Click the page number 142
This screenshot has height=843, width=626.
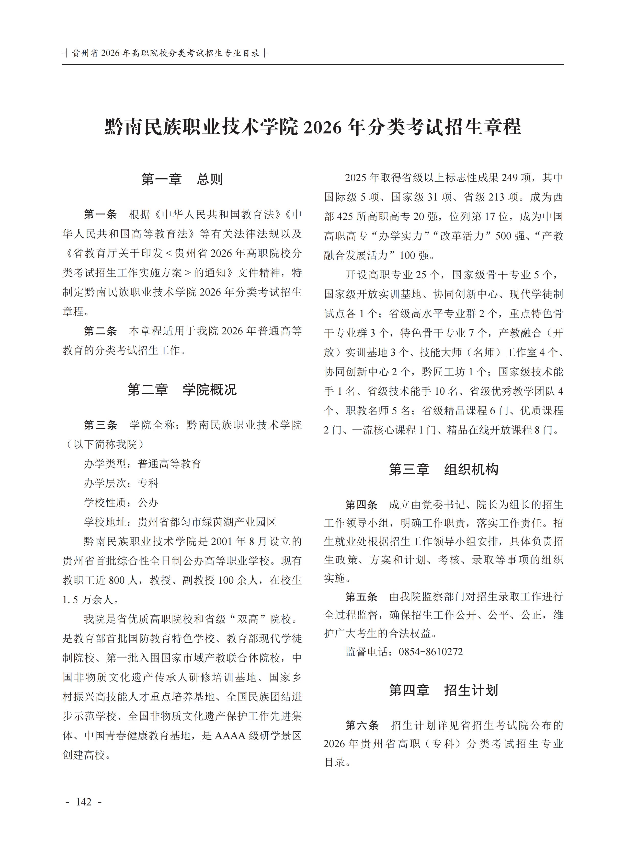pyautogui.click(x=84, y=802)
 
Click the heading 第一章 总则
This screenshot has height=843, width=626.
pyautogui.click(x=182, y=179)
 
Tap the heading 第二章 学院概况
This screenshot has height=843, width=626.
pyautogui.click(x=182, y=389)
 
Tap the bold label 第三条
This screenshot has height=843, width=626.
pyautogui.click(x=100, y=425)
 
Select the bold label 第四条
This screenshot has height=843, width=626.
pyautogui.click(x=361, y=505)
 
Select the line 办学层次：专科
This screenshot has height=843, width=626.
pyautogui.click(x=121, y=483)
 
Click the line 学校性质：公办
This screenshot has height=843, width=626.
pyautogui.click(x=121, y=502)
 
